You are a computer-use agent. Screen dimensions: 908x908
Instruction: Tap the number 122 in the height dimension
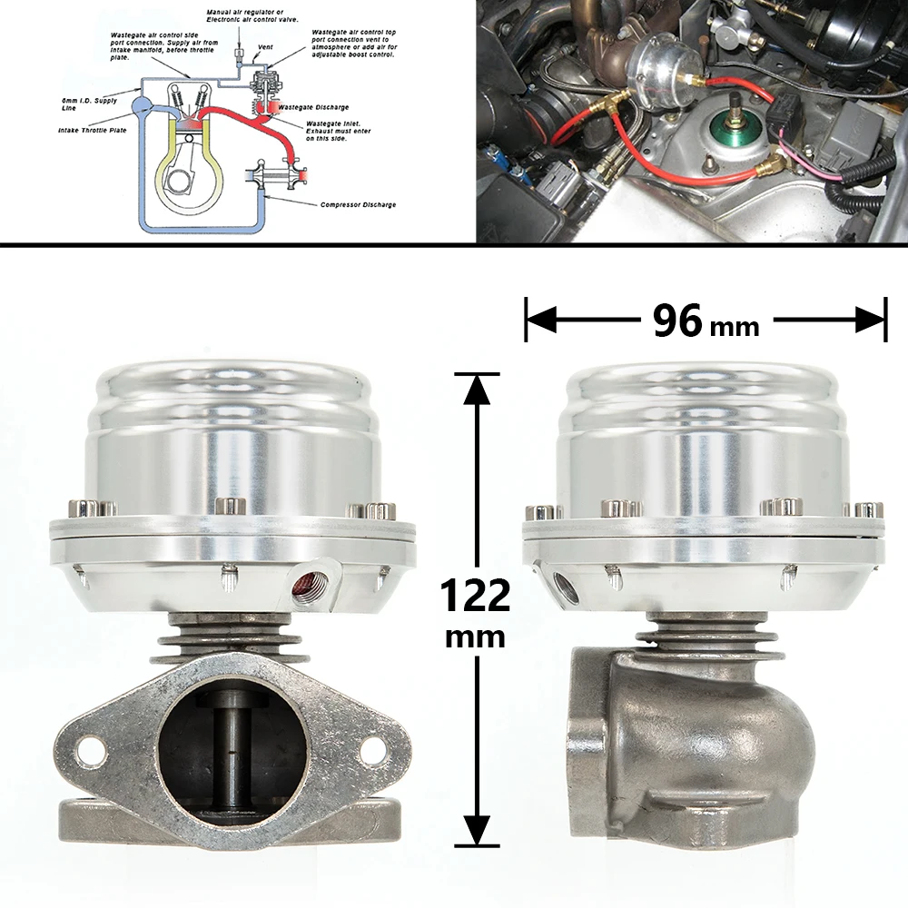[x=474, y=597]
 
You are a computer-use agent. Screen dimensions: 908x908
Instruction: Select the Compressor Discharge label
[x=358, y=205]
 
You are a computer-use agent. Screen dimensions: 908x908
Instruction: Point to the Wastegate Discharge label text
[x=313, y=107]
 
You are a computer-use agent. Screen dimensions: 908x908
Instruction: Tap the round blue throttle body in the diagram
[x=143, y=103]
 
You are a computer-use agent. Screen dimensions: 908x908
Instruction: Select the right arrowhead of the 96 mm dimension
[x=873, y=320]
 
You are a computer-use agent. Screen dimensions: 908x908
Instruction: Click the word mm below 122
[x=475, y=637]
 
